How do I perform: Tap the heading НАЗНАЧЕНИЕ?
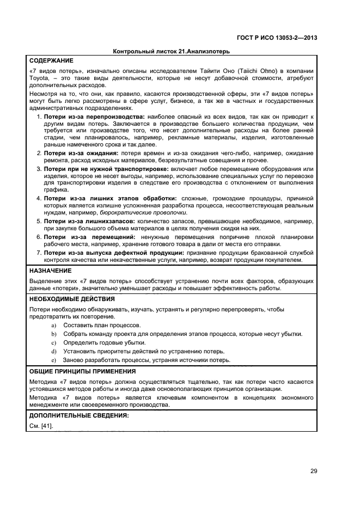50,270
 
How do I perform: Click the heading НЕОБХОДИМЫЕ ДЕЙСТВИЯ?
71,299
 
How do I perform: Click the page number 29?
314,471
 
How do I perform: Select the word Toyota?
39,78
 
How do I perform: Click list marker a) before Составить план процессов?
53,325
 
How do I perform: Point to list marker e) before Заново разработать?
53,360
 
